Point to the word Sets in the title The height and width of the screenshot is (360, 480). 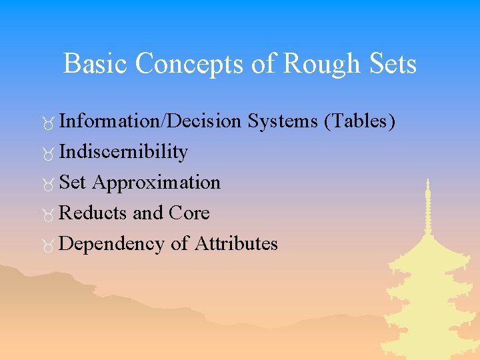click(x=393, y=64)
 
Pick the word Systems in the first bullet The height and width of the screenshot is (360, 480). click(x=282, y=121)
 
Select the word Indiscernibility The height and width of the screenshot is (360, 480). click(x=123, y=152)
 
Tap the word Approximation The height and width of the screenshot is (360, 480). click(x=156, y=182)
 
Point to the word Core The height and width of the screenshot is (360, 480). click(x=189, y=213)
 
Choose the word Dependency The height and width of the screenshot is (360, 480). click(x=111, y=244)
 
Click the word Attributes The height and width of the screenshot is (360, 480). click(x=236, y=243)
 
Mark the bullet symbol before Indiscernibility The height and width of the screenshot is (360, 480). click(x=49, y=154)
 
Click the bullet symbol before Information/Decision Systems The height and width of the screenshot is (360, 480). click(x=49, y=123)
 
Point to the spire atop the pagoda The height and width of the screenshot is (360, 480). click(x=427, y=200)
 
